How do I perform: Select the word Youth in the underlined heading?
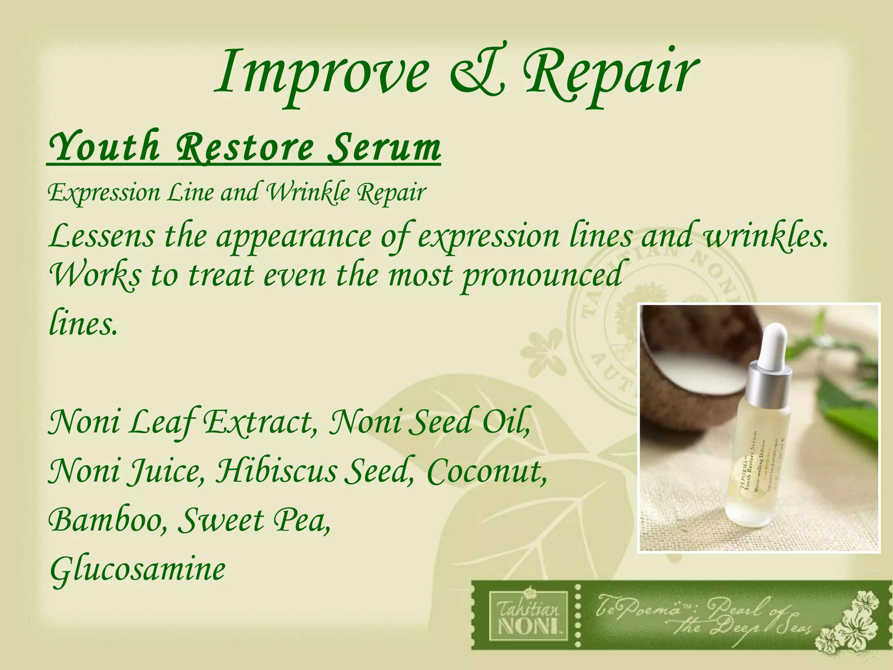tap(104, 147)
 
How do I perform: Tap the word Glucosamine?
tap(138, 570)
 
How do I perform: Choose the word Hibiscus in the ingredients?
tap(276, 472)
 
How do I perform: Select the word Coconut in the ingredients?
tap(486, 472)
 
